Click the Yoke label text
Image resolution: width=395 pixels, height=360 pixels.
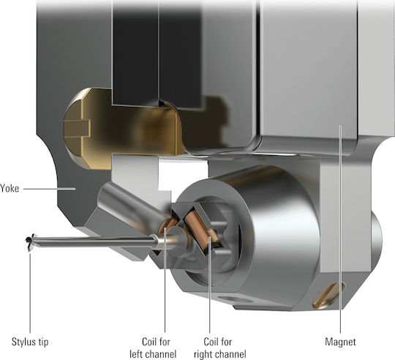[10, 188]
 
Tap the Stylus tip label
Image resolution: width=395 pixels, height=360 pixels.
[30, 342]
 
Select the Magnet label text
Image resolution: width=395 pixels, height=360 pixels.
[340, 342]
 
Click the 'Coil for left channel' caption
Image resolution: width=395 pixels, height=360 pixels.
[153, 348]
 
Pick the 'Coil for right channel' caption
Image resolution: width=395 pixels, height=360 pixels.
[219, 348]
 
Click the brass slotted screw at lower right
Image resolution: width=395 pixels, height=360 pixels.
[328, 296]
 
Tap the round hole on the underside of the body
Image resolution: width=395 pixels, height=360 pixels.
[235, 299]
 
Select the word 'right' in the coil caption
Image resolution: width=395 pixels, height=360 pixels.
[204, 354]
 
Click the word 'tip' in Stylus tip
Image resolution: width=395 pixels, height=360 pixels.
[43, 342]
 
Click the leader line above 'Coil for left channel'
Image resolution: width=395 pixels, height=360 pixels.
[165, 280]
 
